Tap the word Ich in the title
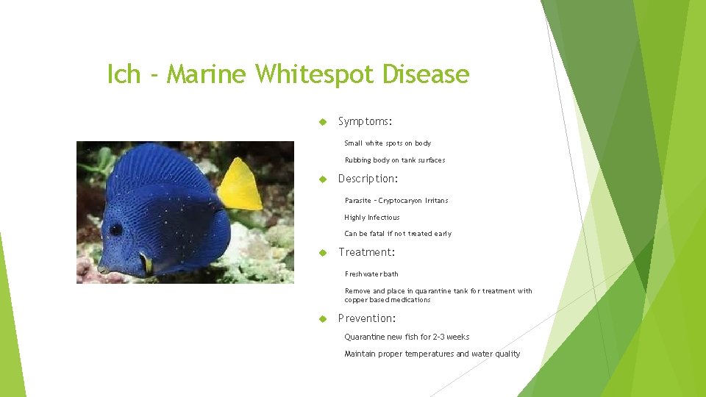point(123,74)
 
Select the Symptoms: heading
point(366,121)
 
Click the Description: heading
point(368,179)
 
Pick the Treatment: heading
point(366,252)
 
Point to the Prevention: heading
point(367,318)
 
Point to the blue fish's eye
point(116,229)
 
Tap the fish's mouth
point(103,269)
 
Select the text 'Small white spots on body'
point(388,143)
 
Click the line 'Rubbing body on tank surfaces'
point(395,160)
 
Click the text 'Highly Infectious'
point(372,218)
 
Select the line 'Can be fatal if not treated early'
point(398,234)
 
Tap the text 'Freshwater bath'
point(371,274)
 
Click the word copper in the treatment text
point(356,300)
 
